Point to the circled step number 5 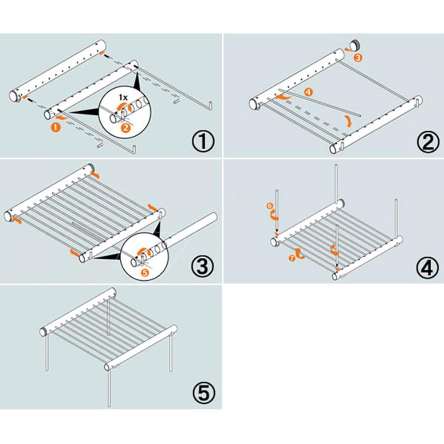[204, 393]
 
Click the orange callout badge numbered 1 [55, 127]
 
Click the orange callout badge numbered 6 [269, 206]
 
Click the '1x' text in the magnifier [125, 96]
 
